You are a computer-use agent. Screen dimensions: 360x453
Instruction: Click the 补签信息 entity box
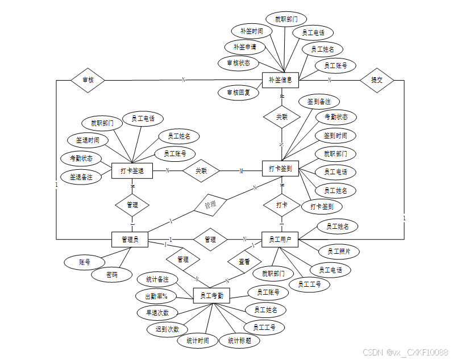click(280, 80)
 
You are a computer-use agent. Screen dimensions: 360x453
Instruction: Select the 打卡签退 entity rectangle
click(132, 170)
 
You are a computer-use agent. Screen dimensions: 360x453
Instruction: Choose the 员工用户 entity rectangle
click(280, 240)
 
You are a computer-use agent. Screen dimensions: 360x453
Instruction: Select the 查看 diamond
click(244, 262)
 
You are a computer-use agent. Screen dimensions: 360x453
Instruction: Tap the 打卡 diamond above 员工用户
click(281, 204)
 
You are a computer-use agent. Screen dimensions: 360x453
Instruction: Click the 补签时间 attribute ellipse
click(251, 31)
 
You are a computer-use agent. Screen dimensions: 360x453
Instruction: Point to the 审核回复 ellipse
click(238, 91)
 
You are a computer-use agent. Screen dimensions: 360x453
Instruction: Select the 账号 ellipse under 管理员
click(85, 262)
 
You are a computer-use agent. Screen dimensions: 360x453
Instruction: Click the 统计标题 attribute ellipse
click(239, 341)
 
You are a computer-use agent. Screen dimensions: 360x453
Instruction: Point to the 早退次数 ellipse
click(157, 312)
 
